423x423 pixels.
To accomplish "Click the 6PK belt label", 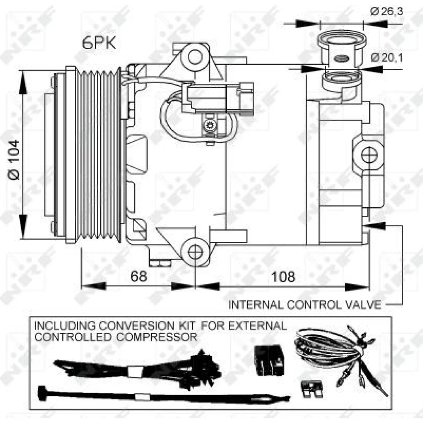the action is pos(99,43).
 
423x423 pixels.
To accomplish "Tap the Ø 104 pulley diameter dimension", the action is pos(14,160).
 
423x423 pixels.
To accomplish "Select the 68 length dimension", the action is pos(139,276).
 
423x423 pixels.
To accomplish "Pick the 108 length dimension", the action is pos(283,277).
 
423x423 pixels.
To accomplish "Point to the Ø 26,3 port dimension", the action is pos(387,11).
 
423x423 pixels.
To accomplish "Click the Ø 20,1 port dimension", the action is pos(387,58).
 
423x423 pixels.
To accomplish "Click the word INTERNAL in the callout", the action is pos(256,305).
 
